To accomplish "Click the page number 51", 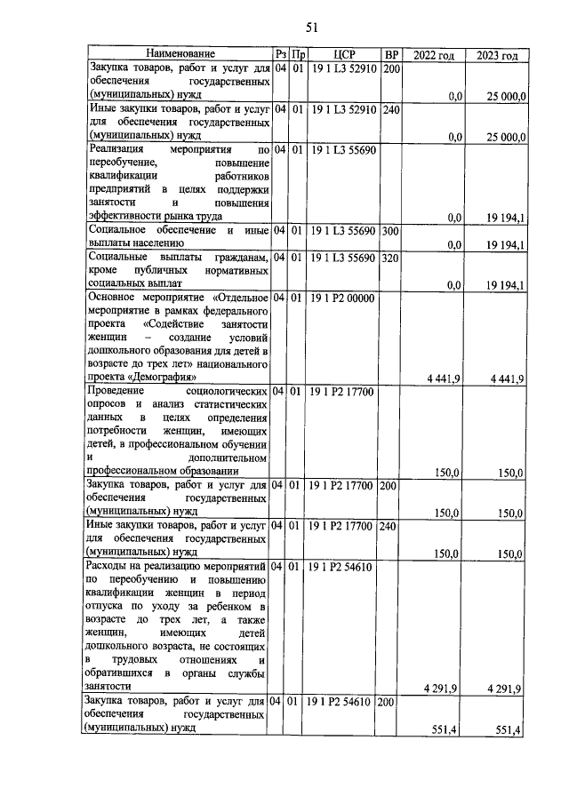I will coord(286,26).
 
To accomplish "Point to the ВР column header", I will coord(392,55).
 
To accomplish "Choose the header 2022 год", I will coord(434,55).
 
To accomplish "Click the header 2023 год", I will coord(498,55).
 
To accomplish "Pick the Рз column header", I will coord(281,55).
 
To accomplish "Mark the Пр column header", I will coord(299,55).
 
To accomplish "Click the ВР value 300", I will coord(392,231).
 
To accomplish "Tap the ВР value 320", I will coord(392,258).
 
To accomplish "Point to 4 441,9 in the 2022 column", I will coord(443,379).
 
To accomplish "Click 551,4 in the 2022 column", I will coord(445,730).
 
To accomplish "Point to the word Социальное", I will coord(116,231).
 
